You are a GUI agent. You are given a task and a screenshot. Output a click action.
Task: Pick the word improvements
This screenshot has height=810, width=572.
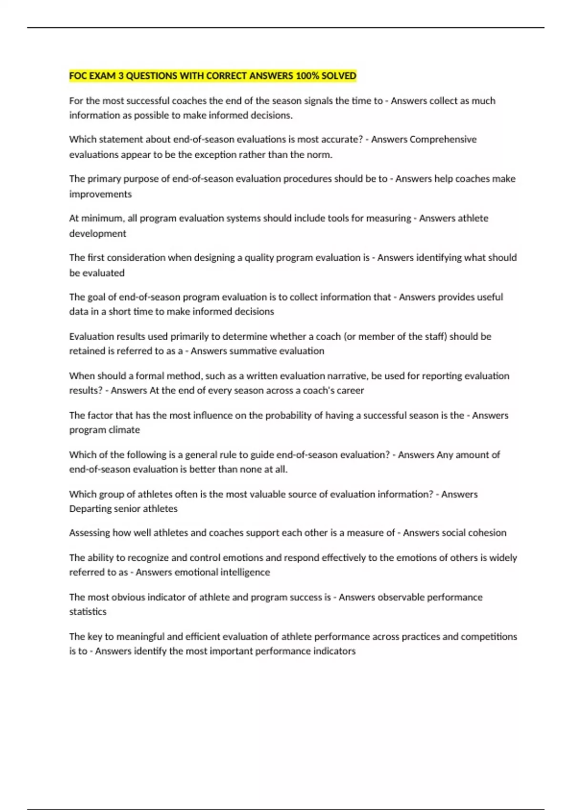100,194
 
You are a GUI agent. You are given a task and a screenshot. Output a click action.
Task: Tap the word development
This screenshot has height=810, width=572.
98,234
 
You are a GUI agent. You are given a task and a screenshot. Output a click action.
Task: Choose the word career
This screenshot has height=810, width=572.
350,391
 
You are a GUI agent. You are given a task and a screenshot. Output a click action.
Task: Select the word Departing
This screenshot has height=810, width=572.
90,509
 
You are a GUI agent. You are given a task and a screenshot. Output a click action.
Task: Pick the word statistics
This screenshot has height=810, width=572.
88,612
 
